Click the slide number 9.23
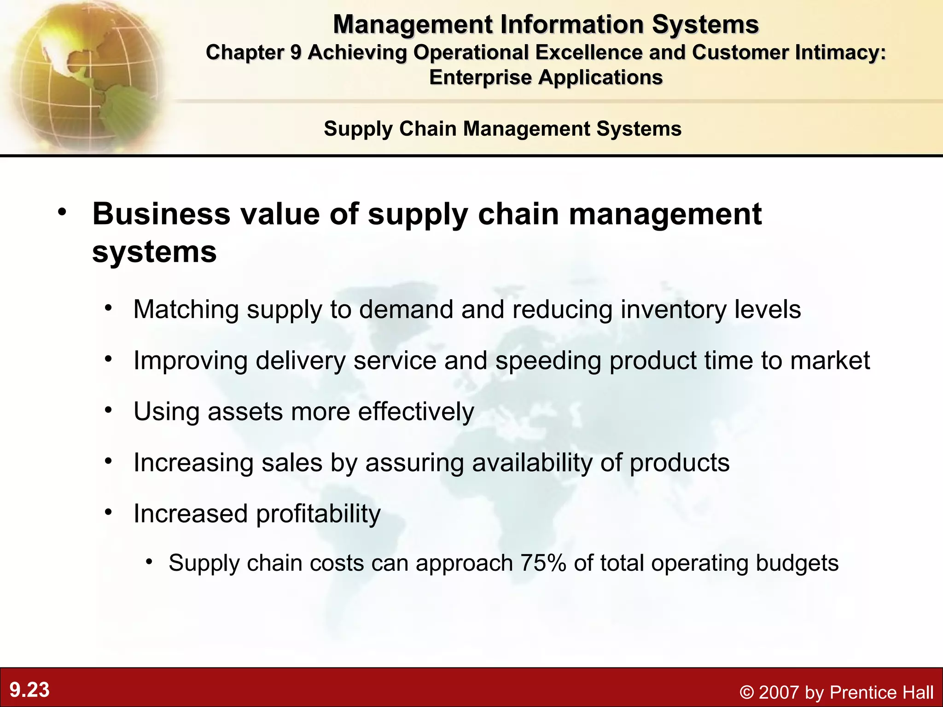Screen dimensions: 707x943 [29, 690]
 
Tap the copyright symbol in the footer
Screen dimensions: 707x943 [747, 692]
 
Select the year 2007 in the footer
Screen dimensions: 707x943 [779, 692]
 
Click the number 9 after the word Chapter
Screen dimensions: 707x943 [295, 52]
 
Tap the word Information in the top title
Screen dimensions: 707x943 [571, 24]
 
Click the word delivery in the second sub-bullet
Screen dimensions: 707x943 [300, 360]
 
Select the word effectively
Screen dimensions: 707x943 [416, 411]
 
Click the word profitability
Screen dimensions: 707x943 [318, 514]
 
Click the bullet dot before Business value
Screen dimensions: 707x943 [62, 213]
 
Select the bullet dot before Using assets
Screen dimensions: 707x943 [108, 410]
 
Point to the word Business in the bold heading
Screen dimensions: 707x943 [161, 214]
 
